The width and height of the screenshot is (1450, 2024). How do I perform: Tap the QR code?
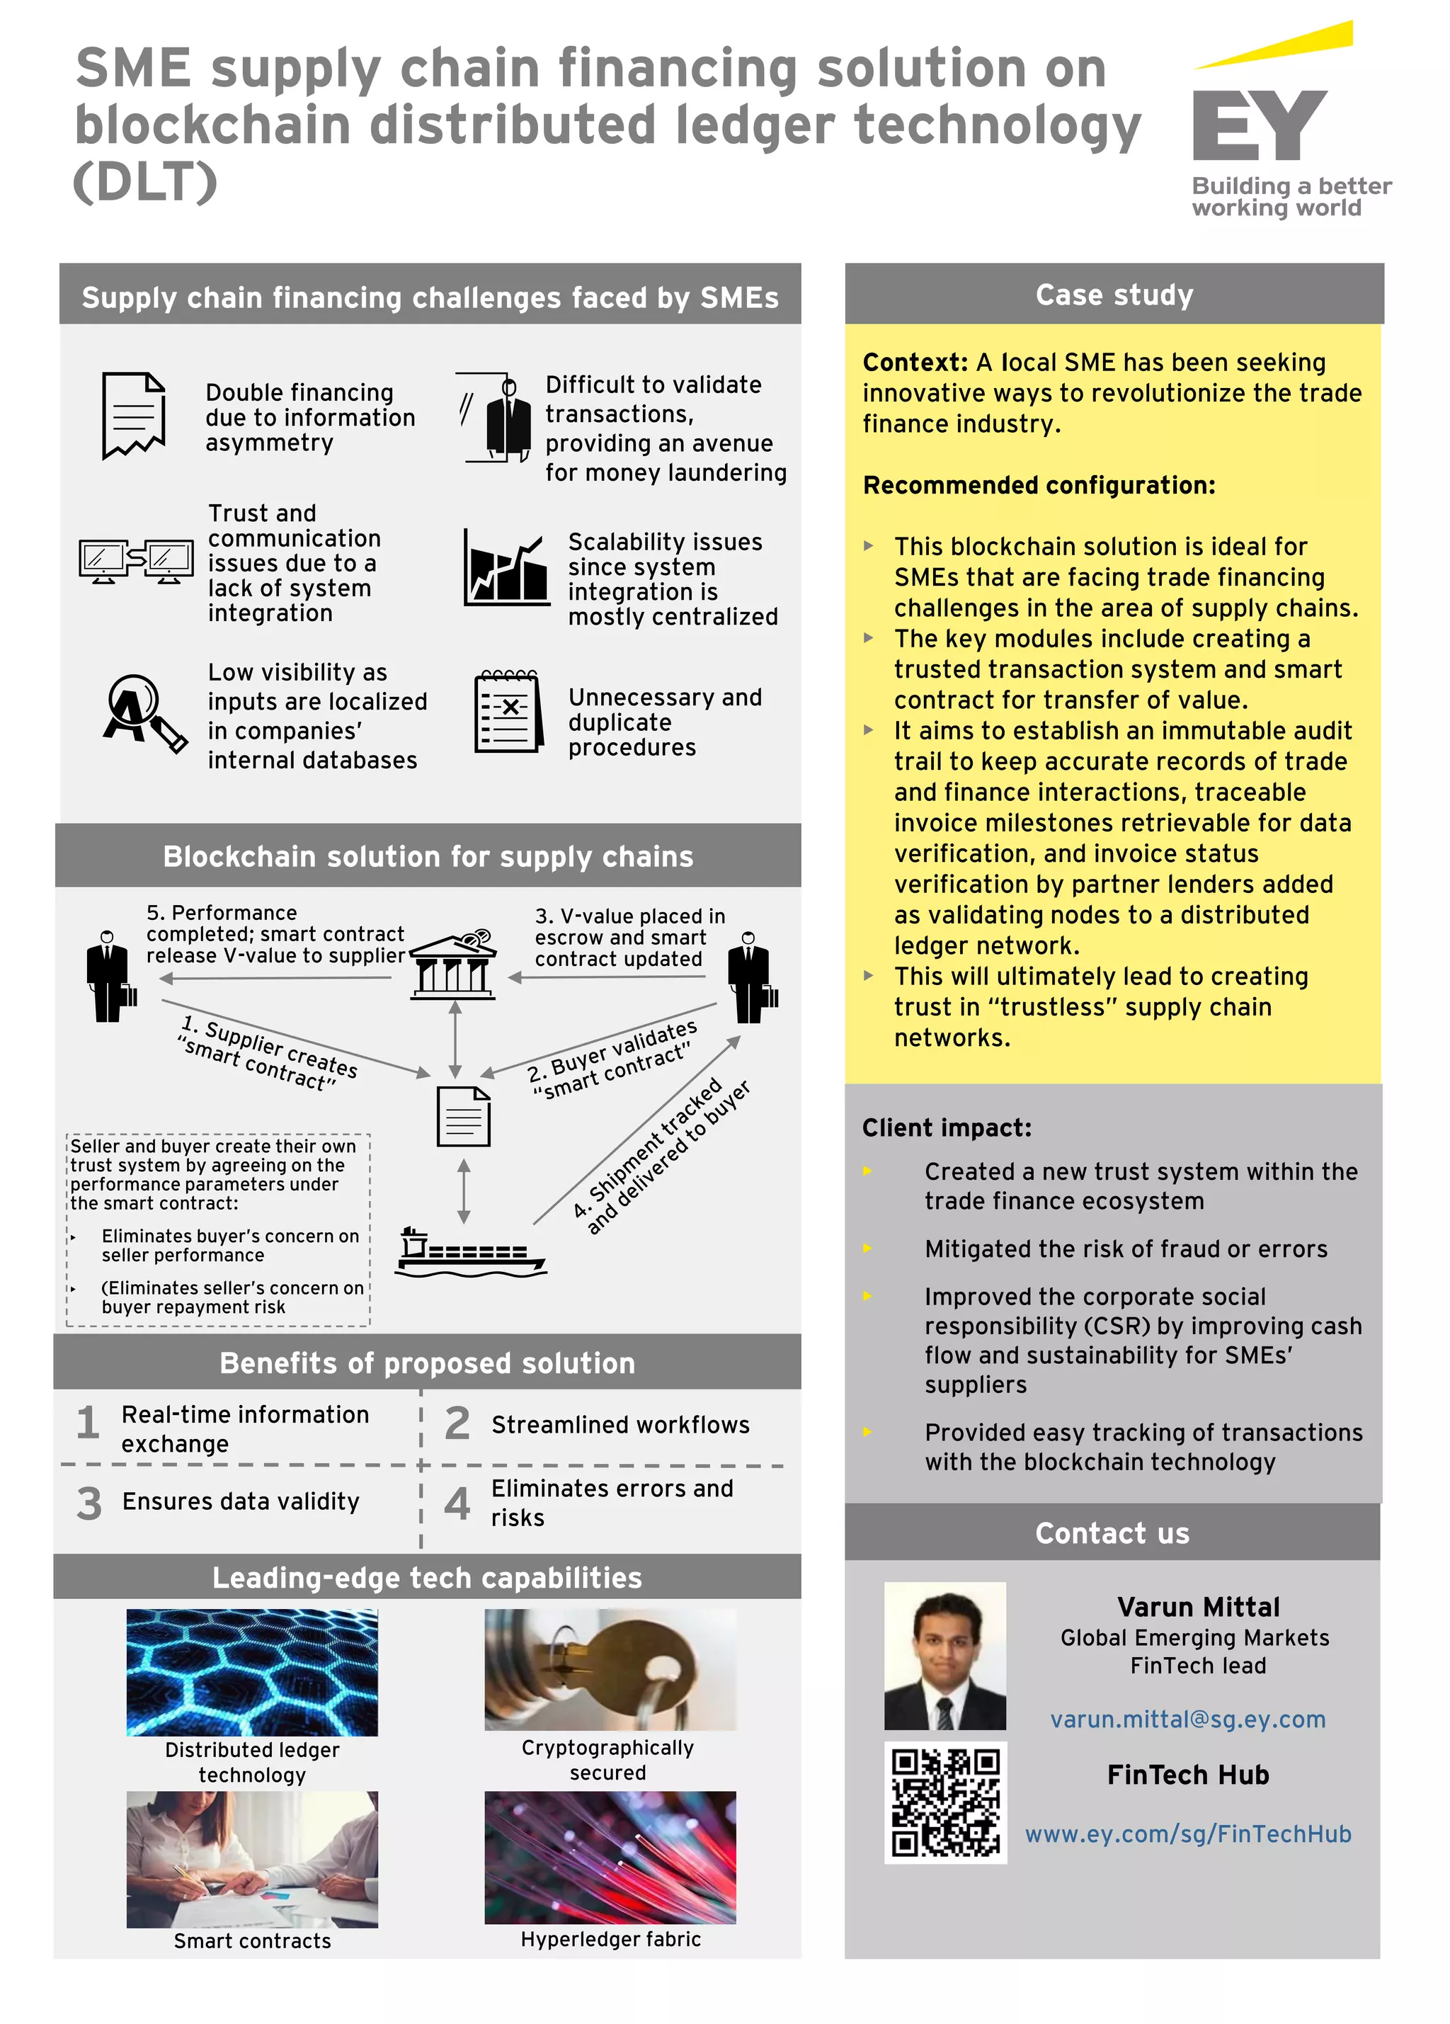pos(945,1802)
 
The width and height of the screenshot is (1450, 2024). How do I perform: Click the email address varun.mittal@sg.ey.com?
pos(1187,1719)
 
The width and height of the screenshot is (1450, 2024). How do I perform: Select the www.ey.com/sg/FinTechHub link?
pos(1187,1834)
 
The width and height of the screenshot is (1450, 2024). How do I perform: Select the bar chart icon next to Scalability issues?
pos(506,569)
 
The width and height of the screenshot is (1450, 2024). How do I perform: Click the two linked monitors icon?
pos(136,560)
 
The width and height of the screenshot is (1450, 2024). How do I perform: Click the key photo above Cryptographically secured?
pos(610,1668)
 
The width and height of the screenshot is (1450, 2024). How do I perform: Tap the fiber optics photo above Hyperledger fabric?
pos(610,1857)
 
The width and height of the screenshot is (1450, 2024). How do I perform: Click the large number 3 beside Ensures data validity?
pos(89,1503)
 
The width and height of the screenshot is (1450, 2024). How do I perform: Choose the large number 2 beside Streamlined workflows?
pos(457,1423)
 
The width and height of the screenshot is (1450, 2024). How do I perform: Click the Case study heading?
pos(1114,295)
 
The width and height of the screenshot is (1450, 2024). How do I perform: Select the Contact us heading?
pos(1112,1533)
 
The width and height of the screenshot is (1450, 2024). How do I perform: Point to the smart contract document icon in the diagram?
pos(463,1116)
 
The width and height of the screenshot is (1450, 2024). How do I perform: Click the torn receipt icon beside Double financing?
pos(134,416)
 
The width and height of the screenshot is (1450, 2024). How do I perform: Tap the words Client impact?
pos(946,1128)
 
